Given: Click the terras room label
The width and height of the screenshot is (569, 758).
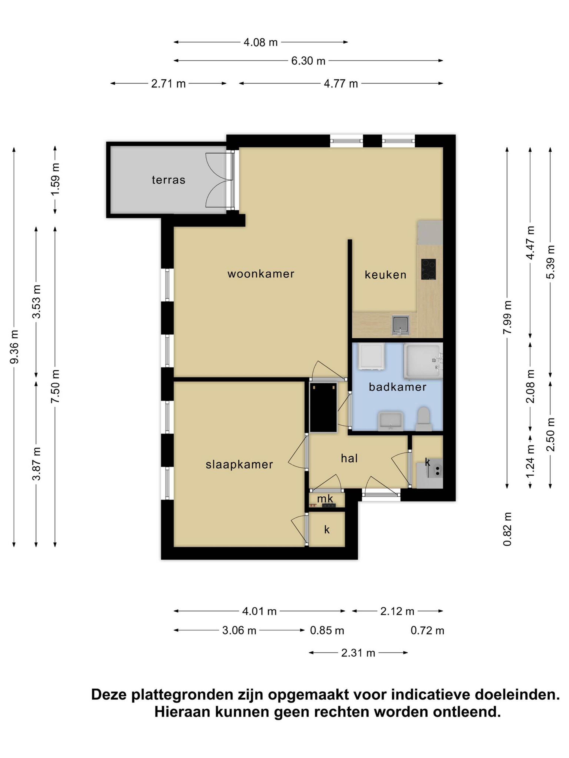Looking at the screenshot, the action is point(168,180).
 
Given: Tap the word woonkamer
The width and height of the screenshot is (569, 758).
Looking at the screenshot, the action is point(261,274).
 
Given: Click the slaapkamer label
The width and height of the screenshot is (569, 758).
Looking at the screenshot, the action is point(239,465).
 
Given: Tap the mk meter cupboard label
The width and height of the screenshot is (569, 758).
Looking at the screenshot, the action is point(325,499).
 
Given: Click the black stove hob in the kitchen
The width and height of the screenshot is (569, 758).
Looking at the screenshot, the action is point(428,269).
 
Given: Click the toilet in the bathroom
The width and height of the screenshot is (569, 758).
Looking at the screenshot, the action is point(424,419).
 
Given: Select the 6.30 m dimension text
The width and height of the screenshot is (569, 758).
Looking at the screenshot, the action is point(308,61).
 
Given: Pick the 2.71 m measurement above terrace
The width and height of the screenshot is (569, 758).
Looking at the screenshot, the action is point(168,84).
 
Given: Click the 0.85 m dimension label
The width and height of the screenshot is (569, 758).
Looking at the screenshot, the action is point(327,631).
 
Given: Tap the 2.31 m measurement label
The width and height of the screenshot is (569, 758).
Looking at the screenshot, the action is point(358,653).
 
